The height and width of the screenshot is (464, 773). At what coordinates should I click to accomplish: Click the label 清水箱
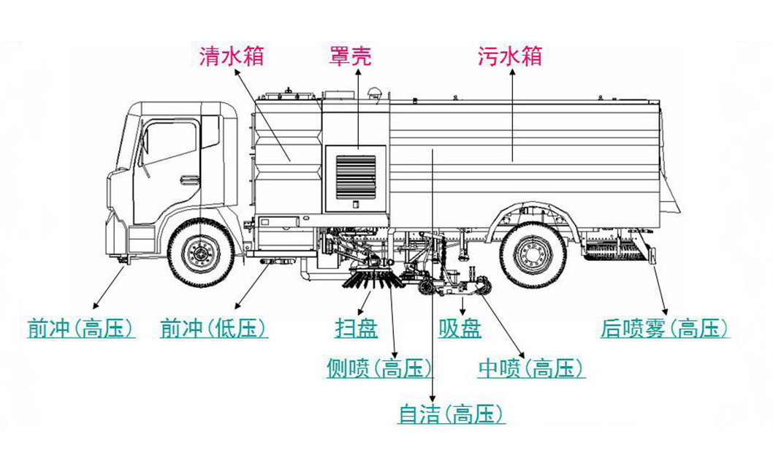click(232, 56)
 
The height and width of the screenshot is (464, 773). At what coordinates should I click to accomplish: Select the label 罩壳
click(348, 56)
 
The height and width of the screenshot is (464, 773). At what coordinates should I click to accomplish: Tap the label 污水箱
click(510, 56)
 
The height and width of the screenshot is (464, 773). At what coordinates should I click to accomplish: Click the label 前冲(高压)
click(80, 329)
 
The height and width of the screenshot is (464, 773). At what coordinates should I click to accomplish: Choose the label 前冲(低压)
click(213, 329)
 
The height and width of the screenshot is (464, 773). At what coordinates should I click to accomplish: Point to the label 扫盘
click(356, 329)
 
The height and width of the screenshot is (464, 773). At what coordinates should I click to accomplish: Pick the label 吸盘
click(460, 329)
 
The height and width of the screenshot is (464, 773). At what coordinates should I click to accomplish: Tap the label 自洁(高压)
click(451, 415)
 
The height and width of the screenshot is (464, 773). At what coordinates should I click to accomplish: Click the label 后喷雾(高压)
click(664, 329)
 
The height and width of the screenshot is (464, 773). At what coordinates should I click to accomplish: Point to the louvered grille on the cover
click(355, 176)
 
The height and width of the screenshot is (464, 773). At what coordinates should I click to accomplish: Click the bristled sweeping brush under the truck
click(373, 278)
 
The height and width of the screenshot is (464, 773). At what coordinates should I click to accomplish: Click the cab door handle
click(189, 180)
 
